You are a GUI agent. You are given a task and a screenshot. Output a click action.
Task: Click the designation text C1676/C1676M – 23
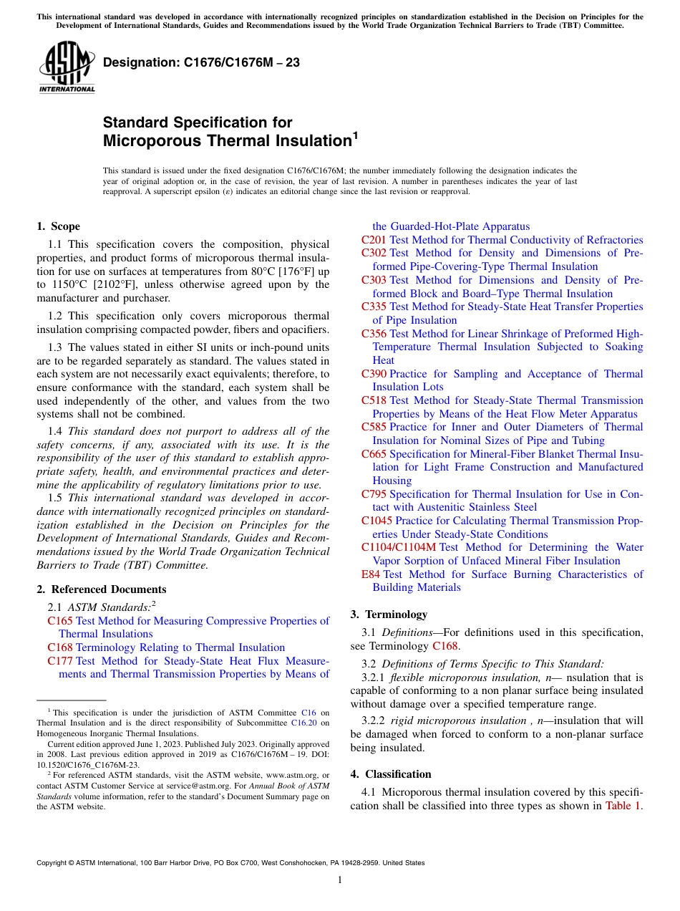pyautogui.click(x=201, y=63)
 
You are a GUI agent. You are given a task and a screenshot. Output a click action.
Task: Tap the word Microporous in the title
pyautogui.click(x=152, y=140)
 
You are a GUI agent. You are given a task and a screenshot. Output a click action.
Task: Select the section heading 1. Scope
pyautogui.click(x=58, y=226)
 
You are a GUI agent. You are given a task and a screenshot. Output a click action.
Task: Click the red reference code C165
pyautogui.click(x=60, y=621)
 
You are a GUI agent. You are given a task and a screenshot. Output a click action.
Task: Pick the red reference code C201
pyautogui.click(x=374, y=240)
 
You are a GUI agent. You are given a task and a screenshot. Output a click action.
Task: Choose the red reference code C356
pyautogui.click(x=374, y=334)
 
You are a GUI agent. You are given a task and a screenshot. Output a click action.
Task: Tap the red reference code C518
pyautogui.click(x=374, y=400)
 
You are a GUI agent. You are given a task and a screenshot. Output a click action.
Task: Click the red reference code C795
pyautogui.click(x=374, y=494)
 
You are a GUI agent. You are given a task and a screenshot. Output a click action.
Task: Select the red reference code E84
pyautogui.click(x=371, y=574)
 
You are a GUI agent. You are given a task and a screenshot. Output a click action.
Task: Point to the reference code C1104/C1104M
pyautogui.click(x=399, y=547)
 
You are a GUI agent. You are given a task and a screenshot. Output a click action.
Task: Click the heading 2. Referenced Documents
pyautogui.click(x=101, y=589)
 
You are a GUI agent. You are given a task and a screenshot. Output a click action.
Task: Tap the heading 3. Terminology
pyautogui.click(x=389, y=614)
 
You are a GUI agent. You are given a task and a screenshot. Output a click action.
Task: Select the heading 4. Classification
pyautogui.click(x=391, y=774)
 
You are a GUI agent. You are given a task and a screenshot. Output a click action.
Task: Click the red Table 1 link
pyautogui.click(x=623, y=806)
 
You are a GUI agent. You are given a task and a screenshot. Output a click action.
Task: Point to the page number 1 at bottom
pyautogui.click(x=340, y=880)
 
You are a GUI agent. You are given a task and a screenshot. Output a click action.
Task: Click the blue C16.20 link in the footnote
pyautogui.click(x=305, y=723)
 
